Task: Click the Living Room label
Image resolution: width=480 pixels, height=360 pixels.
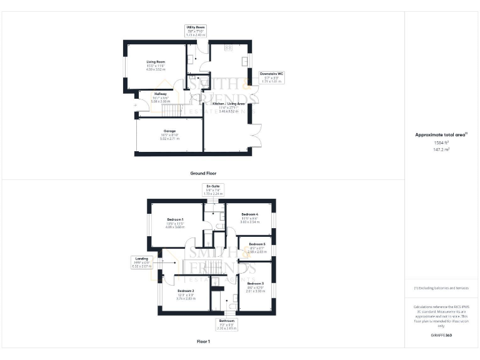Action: point(156,66)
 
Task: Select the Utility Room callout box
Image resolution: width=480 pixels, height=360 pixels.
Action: point(196,31)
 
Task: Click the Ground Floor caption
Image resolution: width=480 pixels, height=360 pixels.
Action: point(203,172)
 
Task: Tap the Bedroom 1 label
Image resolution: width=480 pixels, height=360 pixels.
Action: point(175,223)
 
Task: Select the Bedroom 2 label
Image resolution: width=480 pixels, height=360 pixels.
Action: point(186,294)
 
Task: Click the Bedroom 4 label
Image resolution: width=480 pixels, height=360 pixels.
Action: point(250,218)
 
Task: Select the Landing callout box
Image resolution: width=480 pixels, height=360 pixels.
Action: point(139,262)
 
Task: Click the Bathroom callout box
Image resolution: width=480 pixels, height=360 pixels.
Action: point(226,324)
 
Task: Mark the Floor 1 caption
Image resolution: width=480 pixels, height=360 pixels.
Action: point(203,342)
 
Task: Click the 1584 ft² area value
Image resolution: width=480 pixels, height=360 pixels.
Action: point(442,142)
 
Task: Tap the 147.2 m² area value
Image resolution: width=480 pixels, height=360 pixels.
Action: point(442,149)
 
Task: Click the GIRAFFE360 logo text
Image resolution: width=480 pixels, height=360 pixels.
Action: point(442,336)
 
